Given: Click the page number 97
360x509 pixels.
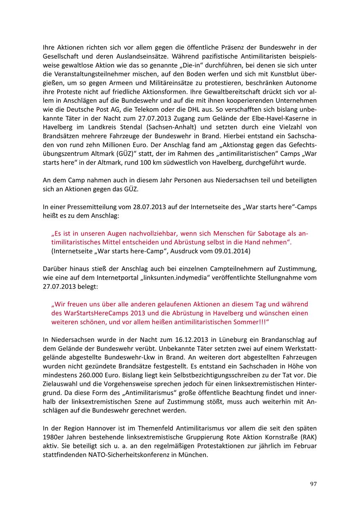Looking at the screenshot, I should (x=313, y=484).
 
